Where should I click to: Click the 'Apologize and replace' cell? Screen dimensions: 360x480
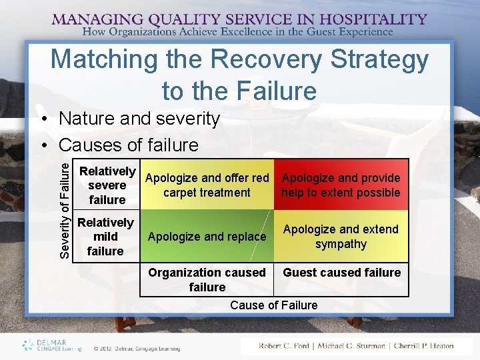point(207,237)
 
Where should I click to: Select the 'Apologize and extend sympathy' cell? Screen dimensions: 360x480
point(341,237)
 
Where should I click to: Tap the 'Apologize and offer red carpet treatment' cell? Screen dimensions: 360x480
point(207,185)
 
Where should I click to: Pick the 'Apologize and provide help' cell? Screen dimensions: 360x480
point(341,185)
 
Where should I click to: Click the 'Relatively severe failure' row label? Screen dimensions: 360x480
point(107,185)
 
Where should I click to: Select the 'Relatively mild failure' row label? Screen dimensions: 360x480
point(105,237)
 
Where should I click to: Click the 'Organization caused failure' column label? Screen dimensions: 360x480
point(207,279)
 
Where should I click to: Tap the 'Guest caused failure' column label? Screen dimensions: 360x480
point(342,273)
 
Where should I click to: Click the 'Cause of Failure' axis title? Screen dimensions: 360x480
point(273,305)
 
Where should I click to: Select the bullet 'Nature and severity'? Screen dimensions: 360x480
point(139,119)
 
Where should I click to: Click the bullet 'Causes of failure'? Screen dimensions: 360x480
point(128,145)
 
